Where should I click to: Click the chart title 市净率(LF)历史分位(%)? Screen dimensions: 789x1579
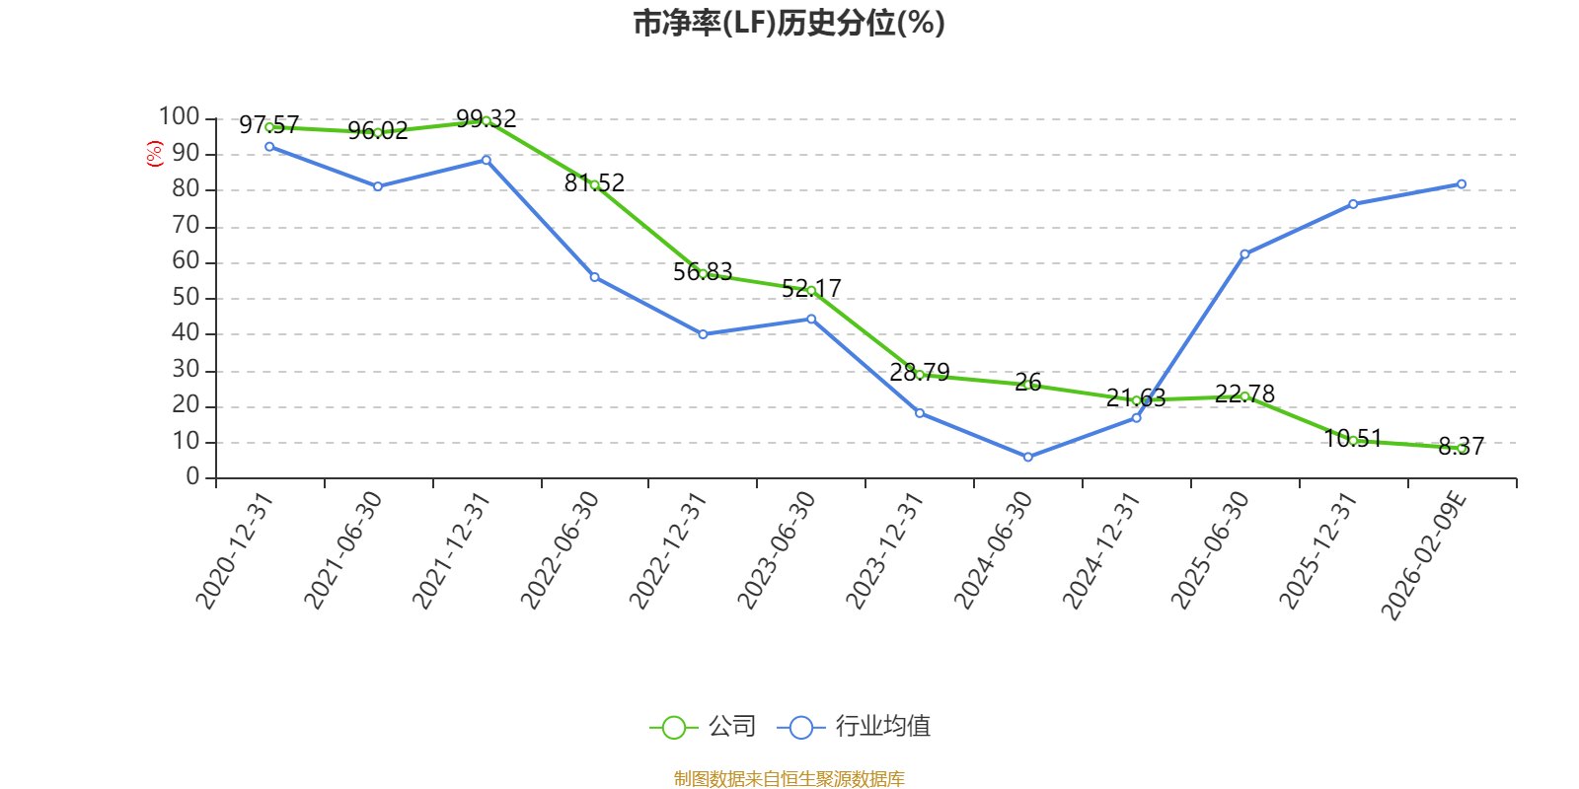point(789,23)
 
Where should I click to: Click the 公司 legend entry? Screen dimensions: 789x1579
point(703,727)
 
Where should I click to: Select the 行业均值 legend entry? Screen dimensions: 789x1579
point(855,727)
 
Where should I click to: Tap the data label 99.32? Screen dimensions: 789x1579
point(486,119)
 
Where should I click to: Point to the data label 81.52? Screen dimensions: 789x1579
point(594,182)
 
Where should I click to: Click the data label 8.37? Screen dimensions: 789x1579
point(1461,447)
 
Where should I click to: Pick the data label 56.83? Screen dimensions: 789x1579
point(703,271)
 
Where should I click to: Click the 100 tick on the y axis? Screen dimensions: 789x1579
point(180,117)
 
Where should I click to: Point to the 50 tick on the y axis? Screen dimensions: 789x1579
point(186,298)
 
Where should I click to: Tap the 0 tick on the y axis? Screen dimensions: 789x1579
point(193,477)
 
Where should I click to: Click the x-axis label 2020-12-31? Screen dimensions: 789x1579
point(234,550)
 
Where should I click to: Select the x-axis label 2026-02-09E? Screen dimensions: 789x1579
point(1424,555)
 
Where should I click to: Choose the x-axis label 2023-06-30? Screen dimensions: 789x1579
point(777,550)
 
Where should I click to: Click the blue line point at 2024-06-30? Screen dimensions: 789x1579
point(1027,457)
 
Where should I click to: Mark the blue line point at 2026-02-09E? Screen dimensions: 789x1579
point(1462,184)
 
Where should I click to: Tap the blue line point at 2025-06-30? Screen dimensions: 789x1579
point(1244,254)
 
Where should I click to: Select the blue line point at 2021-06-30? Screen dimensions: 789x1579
point(377,186)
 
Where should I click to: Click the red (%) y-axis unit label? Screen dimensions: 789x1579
point(154,154)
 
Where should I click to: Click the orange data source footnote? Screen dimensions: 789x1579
point(789,779)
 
